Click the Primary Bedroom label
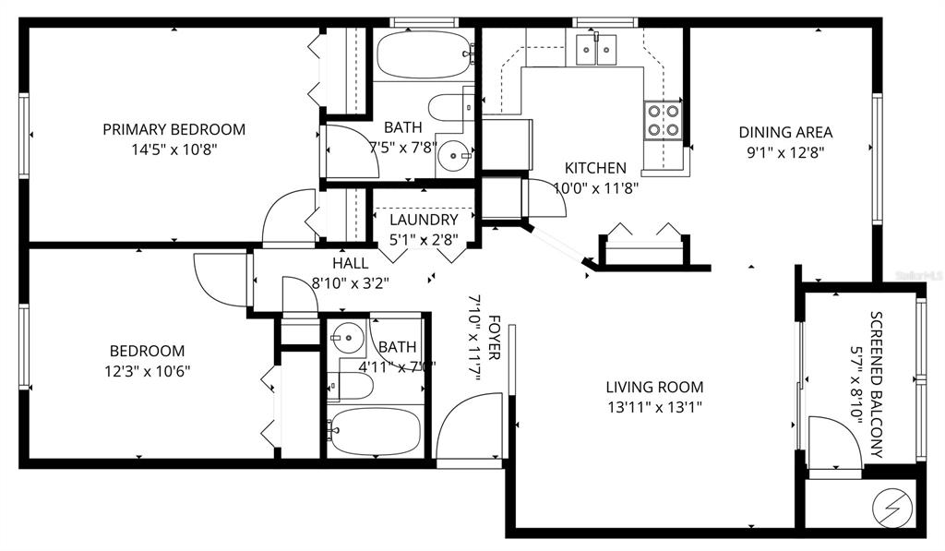click(173, 129)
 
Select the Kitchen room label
click(595, 168)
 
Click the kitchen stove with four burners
click(662, 119)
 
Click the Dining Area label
click(785, 131)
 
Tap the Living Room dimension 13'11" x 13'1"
click(654, 406)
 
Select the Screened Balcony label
click(876, 385)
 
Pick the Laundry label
click(424, 220)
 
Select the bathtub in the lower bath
click(375, 430)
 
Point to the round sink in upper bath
click(452, 155)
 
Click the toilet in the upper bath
click(449, 108)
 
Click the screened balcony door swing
click(831, 441)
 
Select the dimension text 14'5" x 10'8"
click(173, 149)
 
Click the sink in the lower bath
click(348, 339)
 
